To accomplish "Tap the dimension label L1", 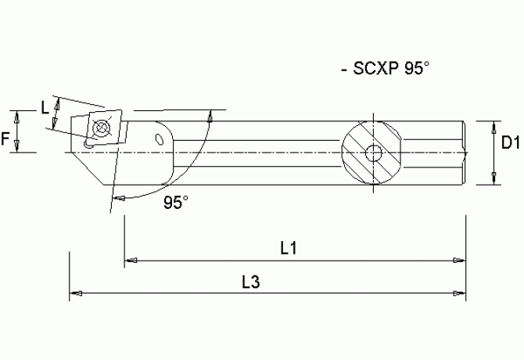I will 288,248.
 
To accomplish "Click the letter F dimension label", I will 6,140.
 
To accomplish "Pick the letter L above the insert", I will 44,107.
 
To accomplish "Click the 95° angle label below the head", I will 176,203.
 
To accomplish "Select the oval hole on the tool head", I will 161,140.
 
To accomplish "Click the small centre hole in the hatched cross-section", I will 375,153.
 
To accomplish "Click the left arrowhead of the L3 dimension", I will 77,294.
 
